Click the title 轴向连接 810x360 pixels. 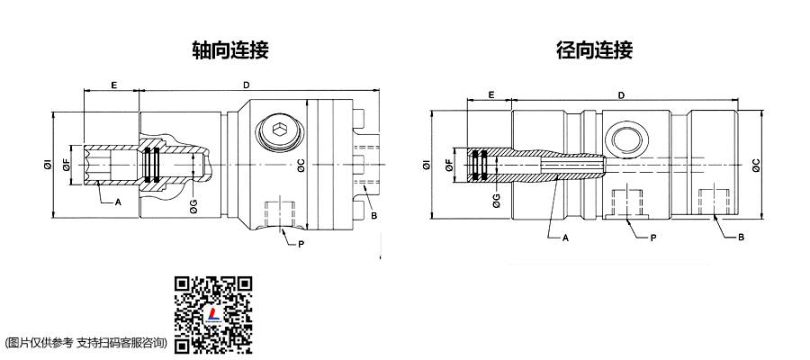(230, 49)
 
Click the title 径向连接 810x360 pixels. (594, 49)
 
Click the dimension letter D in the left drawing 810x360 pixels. (247, 84)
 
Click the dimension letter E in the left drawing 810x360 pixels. (113, 84)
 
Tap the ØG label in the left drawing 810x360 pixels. (193, 207)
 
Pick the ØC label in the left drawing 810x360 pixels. (301, 165)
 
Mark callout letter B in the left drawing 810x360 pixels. (372, 216)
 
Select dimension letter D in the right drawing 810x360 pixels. (621, 94)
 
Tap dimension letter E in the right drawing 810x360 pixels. (491, 94)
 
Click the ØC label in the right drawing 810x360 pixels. (755, 164)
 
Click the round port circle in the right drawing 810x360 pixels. (624, 136)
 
